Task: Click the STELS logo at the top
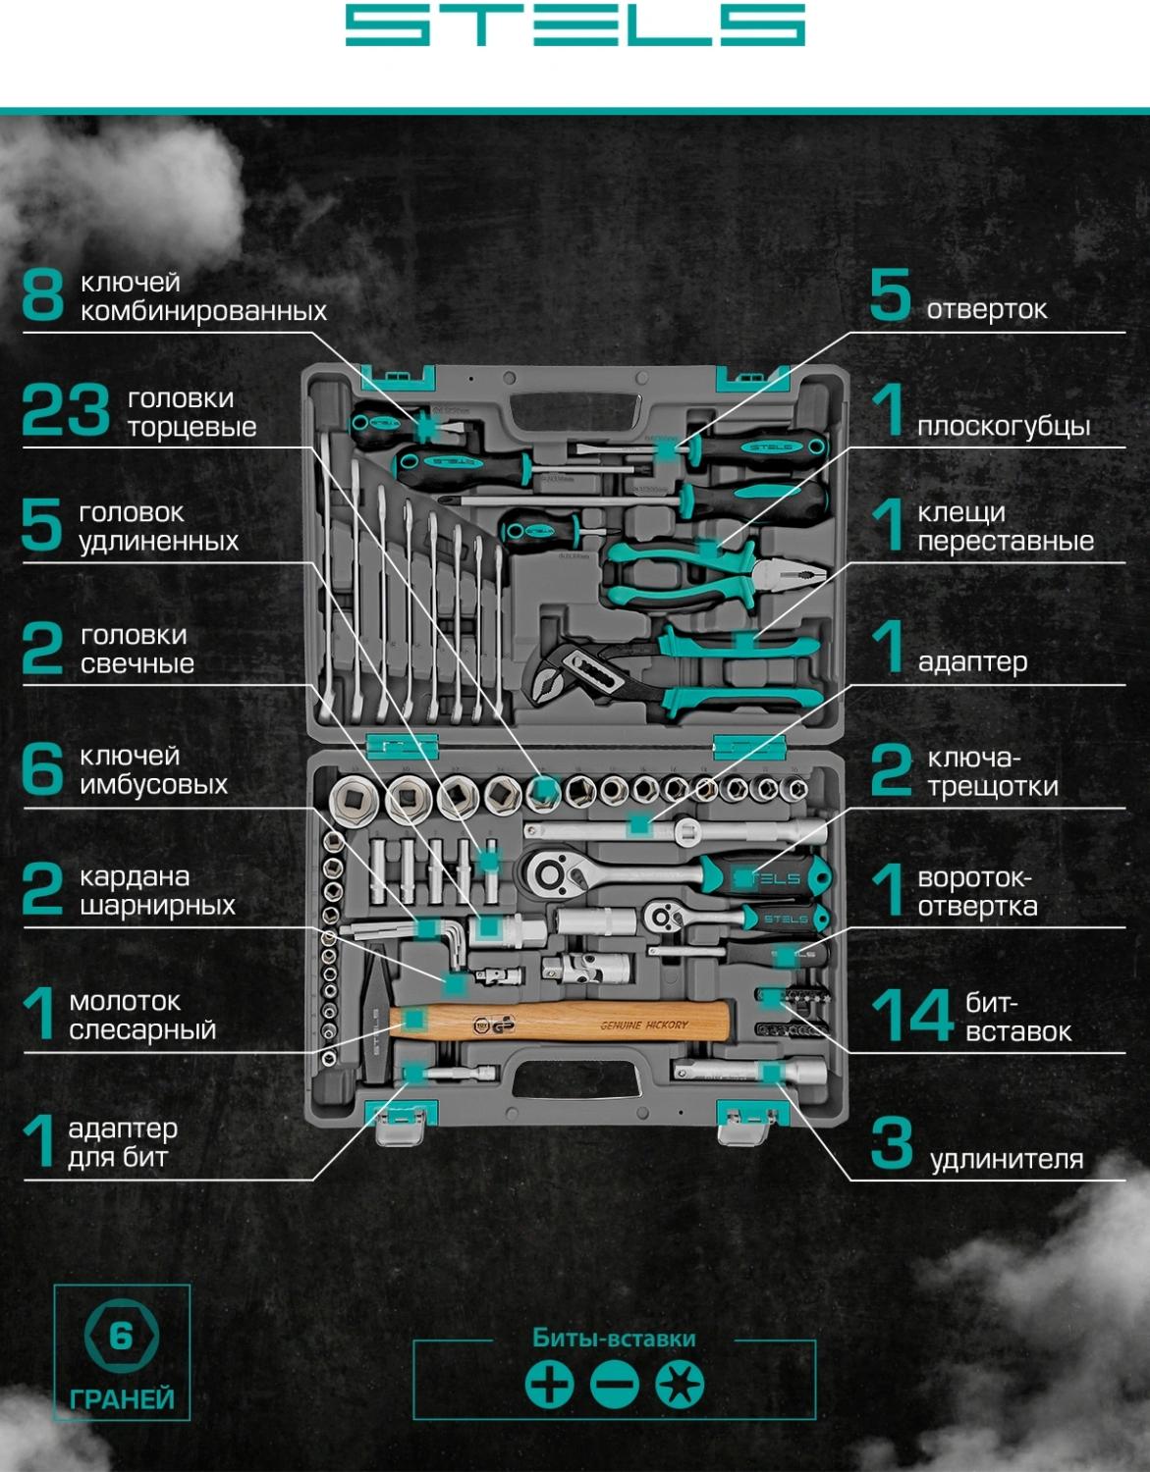click(575, 26)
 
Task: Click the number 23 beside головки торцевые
click(65, 410)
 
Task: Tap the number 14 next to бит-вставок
click(912, 1016)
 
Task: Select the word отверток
click(986, 310)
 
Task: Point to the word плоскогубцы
click(1003, 426)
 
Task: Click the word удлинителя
click(1006, 1160)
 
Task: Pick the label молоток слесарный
click(141, 1016)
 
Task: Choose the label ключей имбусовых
click(153, 770)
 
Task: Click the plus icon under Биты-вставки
click(549, 1385)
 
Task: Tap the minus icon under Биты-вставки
click(615, 1385)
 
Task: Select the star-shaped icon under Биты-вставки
click(680, 1385)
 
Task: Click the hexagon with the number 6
click(121, 1336)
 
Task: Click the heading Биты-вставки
click(614, 1339)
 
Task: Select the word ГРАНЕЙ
click(122, 1398)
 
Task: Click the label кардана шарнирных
click(157, 891)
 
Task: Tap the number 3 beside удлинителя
click(892, 1144)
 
